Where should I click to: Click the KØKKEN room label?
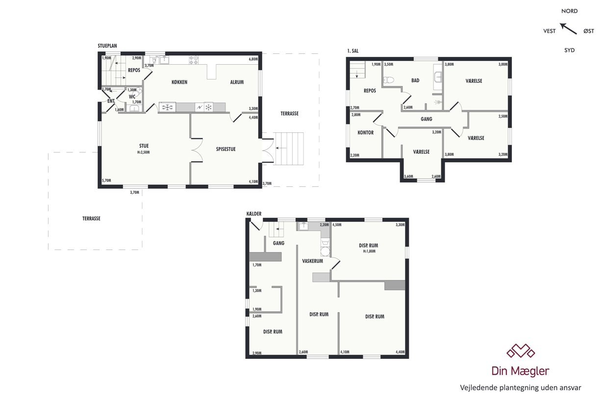pyautogui.click(x=179, y=82)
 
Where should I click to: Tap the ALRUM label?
pyautogui.click(x=237, y=82)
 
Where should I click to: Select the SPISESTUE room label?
pyautogui.click(x=226, y=149)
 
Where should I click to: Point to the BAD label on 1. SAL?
pyautogui.click(x=415, y=80)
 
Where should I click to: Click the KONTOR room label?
pyautogui.click(x=365, y=132)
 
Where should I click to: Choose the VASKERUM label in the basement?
pyautogui.click(x=312, y=261)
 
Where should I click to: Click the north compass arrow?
pyautogui.click(x=568, y=29)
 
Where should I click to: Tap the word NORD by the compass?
pyautogui.click(x=569, y=11)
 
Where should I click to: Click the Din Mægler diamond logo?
pyautogui.click(x=520, y=351)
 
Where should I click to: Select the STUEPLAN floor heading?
pyautogui.click(x=107, y=46)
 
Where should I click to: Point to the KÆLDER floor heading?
pyautogui.click(x=254, y=214)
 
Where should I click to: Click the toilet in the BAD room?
pyautogui.click(x=388, y=80)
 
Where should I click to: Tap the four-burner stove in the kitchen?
pyautogui.click(x=194, y=60)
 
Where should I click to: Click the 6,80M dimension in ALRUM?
pyautogui.click(x=253, y=59)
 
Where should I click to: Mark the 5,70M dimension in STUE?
pyautogui.click(x=106, y=180)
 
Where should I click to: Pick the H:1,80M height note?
pyautogui.click(x=369, y=251)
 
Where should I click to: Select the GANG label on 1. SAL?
pyautogui.click(x=427, y=119)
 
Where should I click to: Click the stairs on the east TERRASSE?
pyautogui.click(x=289, y=149)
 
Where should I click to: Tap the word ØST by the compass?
pyautogui.click(x=589, y=31)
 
